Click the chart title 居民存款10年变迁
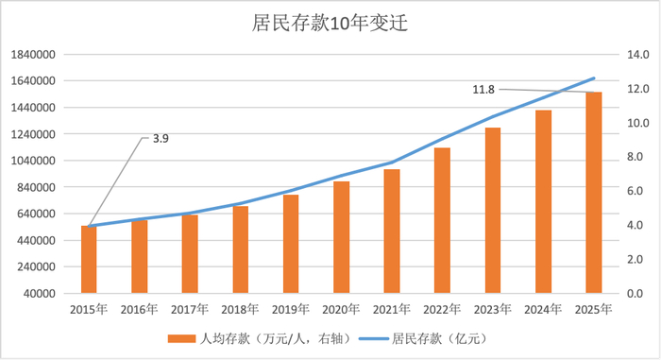click(330, 23)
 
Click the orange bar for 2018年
click(240, 249)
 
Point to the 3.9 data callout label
click(161, 139)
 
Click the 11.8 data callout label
click(483, 90)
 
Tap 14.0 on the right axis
click(636, 55)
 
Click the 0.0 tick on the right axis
click(636, 293)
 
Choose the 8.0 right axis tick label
click(636, 157)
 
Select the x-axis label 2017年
click(190, 308)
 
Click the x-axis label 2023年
click(492, 308)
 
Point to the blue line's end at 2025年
click(594, 77)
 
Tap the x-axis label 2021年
click(391, 308)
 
